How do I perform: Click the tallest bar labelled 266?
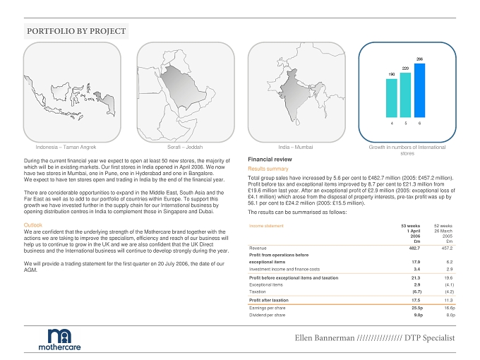pyautogui.click(x=420, y=90)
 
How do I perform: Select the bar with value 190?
pyautogui.click(x=392, y=98)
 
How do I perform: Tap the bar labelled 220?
pyautogui.click(x=405, y=95)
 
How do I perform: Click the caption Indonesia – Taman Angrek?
pyautogui.click(x=66, y=148)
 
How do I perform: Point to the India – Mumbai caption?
pyautogui.click(x=296, y=148)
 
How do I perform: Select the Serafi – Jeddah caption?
pyautogui.click(x=185, y=148)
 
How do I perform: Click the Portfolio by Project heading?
pyautogui.click(x=76, y=31)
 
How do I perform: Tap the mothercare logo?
pyautogui.click(x=60, y=340)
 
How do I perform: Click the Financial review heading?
pyautogui.click(x=270, y=160)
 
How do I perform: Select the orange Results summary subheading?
pyautogui.click(x=268, y=169)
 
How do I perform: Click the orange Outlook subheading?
pyautogui.click(x=32, y=225)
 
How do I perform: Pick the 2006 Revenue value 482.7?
pyautogui.click(x=414, y=248)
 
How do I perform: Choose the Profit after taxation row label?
pyautogui.click(x=269, y=300)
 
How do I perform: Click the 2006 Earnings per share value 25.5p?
pyautogui.click(x=417, y=308)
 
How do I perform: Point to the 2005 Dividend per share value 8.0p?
pyautogui.click(x=450, y=315)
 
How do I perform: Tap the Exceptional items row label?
pyautogui.click(x=266, y=285)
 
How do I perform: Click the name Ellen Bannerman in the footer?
pyautogui.click(x=325, y=338)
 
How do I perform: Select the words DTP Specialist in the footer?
pyautogui.click(x=429, y=338)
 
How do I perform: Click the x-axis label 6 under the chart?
pyautogui.click(x=419, y=124)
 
